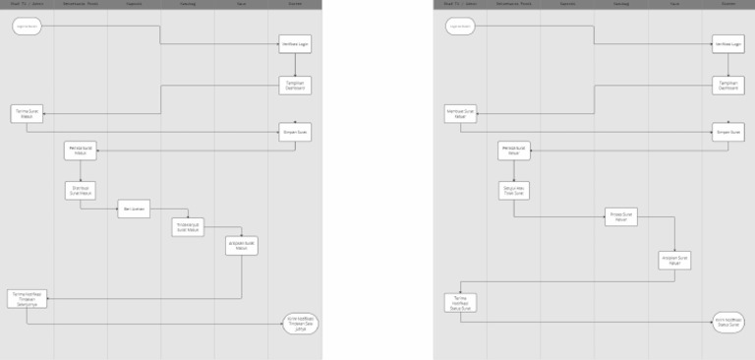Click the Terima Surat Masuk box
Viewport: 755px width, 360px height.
click(x=28, y=113)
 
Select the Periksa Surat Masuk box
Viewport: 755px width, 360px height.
click(x=81, y=150)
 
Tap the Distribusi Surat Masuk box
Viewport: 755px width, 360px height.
click(x=81, y=190)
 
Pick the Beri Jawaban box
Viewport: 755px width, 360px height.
click(x=134, y=209)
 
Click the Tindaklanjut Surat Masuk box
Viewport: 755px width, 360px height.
click(x=188, y=227)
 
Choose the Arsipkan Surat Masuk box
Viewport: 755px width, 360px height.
click(x=241, y=246)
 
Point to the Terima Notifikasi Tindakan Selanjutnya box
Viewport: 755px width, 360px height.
click(x=28, y=298)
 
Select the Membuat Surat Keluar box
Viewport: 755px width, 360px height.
click(x=461, y=113)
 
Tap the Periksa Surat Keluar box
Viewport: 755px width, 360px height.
click(x=514, y=150)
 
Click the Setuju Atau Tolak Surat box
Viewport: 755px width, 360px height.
click(x=514, y=190)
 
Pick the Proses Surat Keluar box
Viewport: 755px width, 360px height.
click(x=621, y=217)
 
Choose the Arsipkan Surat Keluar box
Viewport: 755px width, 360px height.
click(x=674, y=260)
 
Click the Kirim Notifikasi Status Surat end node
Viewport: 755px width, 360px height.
click(x=728, y=324)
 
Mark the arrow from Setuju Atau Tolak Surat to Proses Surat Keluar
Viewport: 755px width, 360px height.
click(x=560, y=217)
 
